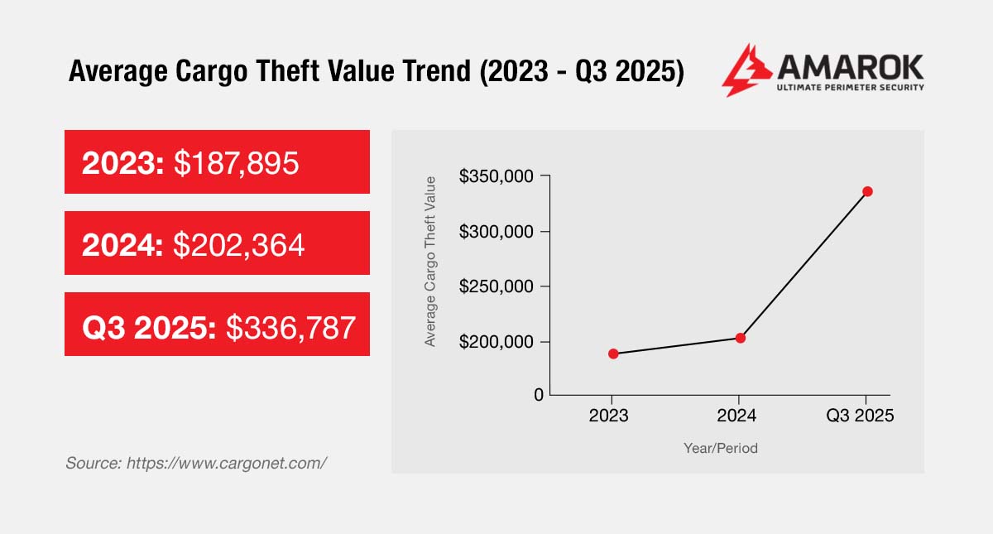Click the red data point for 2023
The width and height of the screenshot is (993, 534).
pyautogui.click(x=613, y=354)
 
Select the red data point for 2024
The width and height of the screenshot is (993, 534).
pyautogui.click(x=741, y=338)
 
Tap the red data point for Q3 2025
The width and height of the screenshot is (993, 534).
pyautogui.click(x=867, y=191)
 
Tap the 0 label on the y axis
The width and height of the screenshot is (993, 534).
pyautogui.click(x=539, y=395)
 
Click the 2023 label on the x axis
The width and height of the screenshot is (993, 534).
pyautogui.click(x=609, y=416)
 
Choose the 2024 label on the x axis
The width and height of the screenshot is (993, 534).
pyautogui.click(x=736, y=416)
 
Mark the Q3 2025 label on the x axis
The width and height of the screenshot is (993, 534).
pyautogui.click(x=861, y=416)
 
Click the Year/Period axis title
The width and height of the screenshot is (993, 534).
pyautogui.click(x=721, y=448)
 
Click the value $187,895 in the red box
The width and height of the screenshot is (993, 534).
pyautogui.click(x=236, y=162)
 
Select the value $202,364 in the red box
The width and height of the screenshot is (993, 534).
pyautogui.click(x=239, y=243)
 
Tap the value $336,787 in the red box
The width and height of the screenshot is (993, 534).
pyautogui.click(x=290, y=325)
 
